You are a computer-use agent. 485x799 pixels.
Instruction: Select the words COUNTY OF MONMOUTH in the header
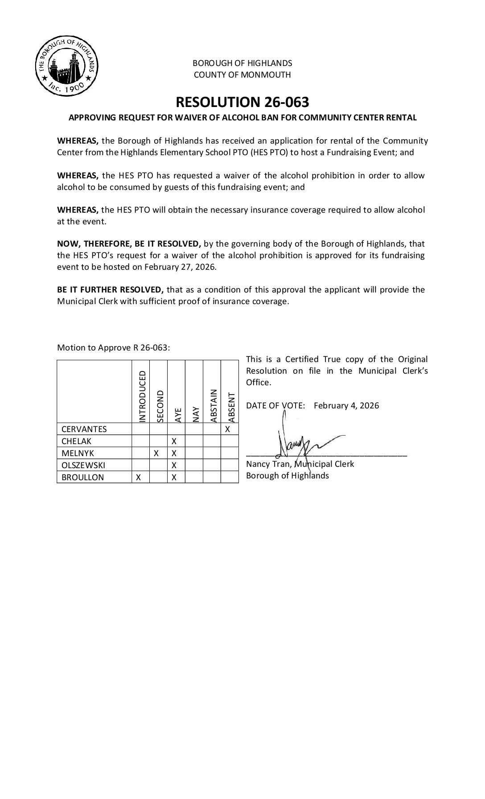(242, 74)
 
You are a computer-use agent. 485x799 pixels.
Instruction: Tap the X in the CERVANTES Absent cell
(227, 429)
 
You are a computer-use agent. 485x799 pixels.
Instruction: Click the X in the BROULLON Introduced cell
(139, 477)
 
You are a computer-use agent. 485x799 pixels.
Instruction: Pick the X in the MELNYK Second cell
(156, 453)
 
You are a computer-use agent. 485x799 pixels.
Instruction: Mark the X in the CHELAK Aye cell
(174, 441)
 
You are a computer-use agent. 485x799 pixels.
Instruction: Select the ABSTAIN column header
(214, 405)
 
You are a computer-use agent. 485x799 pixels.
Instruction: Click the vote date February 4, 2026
(346, 405)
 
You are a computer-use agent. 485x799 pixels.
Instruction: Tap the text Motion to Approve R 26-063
(113, 347)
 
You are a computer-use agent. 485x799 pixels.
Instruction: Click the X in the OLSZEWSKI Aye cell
(174, 465)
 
